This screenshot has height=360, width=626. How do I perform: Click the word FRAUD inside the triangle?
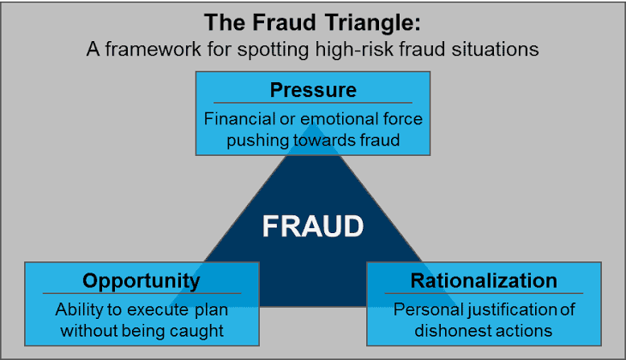312,227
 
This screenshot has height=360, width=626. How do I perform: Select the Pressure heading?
313,90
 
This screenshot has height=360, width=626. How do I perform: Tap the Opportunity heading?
141,280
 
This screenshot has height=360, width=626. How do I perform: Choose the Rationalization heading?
484,280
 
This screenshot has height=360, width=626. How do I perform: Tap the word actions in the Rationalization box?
524,329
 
